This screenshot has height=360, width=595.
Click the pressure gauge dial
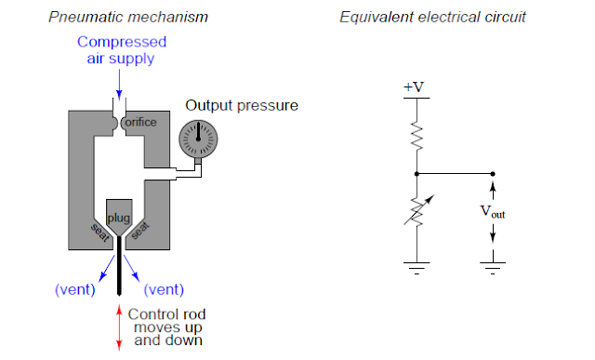tap(198, 139)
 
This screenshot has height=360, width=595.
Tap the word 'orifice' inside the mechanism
tap(140, 122)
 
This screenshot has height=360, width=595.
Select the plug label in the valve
tap(119, 219)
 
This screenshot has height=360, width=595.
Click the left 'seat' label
tap(100, 233)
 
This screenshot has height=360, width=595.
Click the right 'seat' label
tap(140, 230)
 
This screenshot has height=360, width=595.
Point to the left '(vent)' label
tap(75, 289)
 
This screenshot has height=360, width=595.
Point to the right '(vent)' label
tap(164, 289)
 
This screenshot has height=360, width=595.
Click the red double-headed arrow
tap(119, 327)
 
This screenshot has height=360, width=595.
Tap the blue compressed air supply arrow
tap(119, 84)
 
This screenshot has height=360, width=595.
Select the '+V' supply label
tap(414, 87)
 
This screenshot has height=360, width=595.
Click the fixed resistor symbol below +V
tap(416, 136)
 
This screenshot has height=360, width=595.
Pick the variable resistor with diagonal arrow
tap(417, 211)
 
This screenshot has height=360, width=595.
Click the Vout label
tap(493, 211)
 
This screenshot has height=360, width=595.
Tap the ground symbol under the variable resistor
tap(416, 267)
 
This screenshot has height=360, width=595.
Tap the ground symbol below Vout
tap(493, 267)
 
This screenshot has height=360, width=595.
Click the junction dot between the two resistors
tap(416, 174)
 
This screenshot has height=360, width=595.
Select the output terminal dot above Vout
tap(493, 174)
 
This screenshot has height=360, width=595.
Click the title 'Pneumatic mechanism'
tap(128, 17)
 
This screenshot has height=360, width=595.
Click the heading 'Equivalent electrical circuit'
tap(432, 17)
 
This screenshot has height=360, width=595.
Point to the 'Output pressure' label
tap(242, 105)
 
